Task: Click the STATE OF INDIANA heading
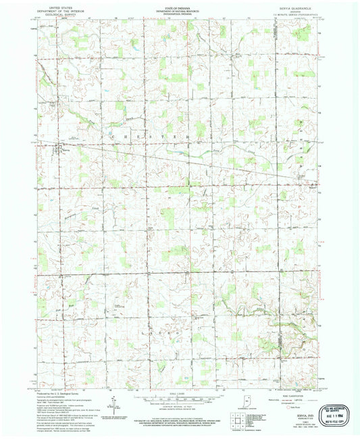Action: coord(179,5)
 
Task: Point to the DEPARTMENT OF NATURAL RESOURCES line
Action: coord(179,8)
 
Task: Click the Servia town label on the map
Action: coord(66,150)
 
